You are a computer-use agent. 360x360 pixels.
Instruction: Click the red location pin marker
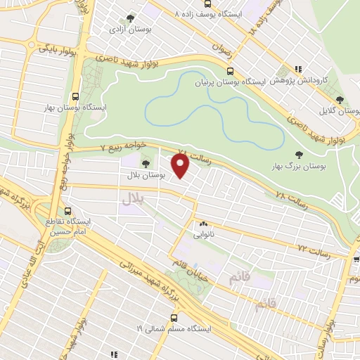(x=181, y=166)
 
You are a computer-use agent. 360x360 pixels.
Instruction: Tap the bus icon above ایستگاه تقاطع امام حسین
(x=67, y=210)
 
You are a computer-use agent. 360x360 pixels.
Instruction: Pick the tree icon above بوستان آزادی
(x=129, y=19)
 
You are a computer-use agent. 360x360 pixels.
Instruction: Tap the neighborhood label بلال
(x=133, y=200)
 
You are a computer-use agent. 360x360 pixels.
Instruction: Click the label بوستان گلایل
(x=340, y=111)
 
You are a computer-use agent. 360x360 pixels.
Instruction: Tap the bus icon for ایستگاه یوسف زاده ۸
(x=176, y=14)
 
